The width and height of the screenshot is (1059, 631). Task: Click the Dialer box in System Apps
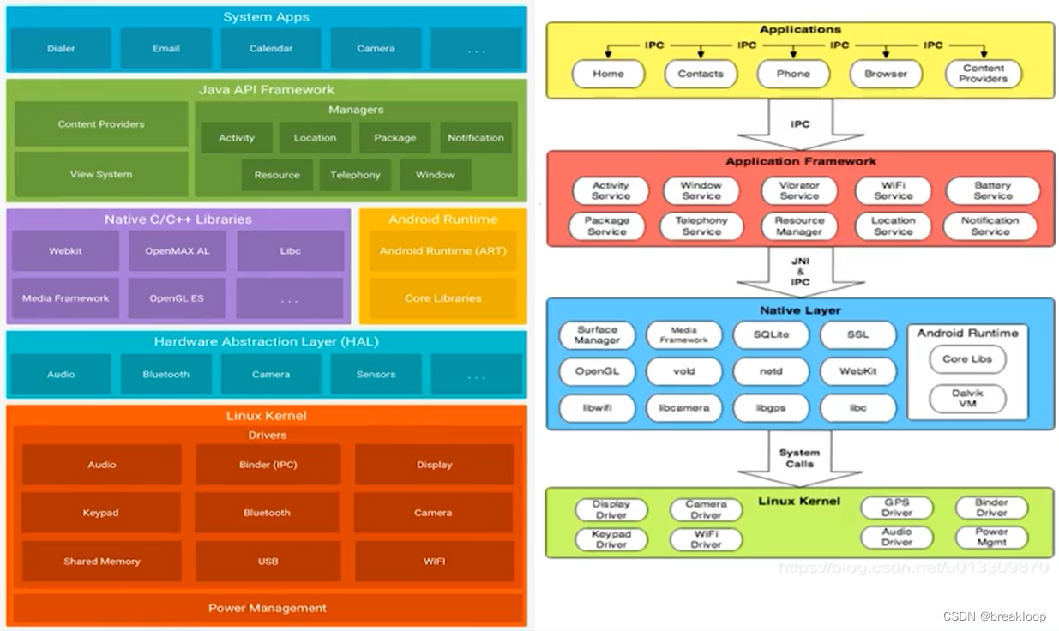click(x=61, y=49)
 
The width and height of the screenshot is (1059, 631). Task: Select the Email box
click(x=166, y=49)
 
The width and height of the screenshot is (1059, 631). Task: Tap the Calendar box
click(x=271, y=49)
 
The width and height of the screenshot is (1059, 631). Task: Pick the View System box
click(x=101, y=174)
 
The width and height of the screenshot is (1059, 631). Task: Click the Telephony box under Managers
click(x=355, y=175)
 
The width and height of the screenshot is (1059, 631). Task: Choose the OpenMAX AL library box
click(x=178, y=251)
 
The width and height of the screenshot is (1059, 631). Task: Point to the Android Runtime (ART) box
click(x=443, y=251)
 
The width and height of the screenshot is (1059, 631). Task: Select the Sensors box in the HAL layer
click(x=376, y=375)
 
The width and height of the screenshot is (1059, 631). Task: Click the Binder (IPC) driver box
click(x=268, y=465)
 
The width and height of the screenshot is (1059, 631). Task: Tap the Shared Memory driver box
click(x=101, y=562)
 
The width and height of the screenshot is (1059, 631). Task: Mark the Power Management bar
click(x=268, y=608)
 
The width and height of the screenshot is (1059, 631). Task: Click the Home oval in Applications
click(x=608, y=74)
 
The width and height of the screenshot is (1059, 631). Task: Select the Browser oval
click(x=886, y=74)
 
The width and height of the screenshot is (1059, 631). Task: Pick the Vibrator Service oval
click(x=799, y=190)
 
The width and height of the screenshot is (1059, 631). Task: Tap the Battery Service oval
click(x=992, y=190)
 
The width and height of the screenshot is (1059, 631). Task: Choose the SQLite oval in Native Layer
click(x=772, y=334)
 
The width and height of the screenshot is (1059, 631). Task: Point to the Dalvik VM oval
click(x=967, y=398)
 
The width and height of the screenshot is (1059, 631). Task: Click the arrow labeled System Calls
click(x=799, y=459)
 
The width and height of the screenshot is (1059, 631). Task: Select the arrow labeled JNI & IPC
click(x=799, y=272)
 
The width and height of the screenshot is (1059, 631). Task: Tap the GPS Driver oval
click(x=897, y=508)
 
